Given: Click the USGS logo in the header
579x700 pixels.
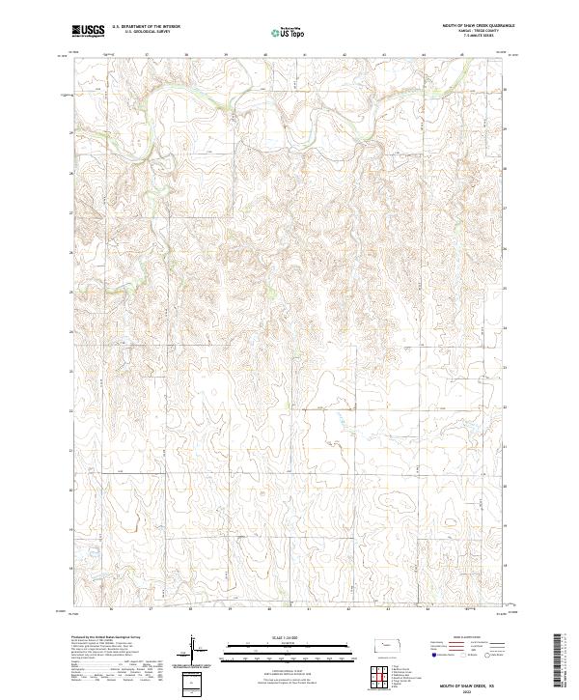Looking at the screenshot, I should pyautogui.click(x=87, y=31).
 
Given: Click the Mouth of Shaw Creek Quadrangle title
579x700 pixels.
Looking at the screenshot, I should pyautogui.click(x=479, y=26).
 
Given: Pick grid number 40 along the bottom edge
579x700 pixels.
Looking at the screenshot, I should pyautogui.click(x=270, y=610).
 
